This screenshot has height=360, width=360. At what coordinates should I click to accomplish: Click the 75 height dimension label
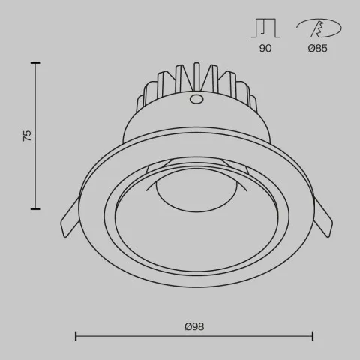(x=28, y=136)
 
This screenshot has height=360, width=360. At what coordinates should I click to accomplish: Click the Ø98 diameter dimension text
(x=194, y=327)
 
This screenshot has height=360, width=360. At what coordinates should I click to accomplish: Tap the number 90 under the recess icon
(x=265, y=48)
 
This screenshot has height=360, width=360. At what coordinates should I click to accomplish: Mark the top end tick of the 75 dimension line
(x=34, y=63)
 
